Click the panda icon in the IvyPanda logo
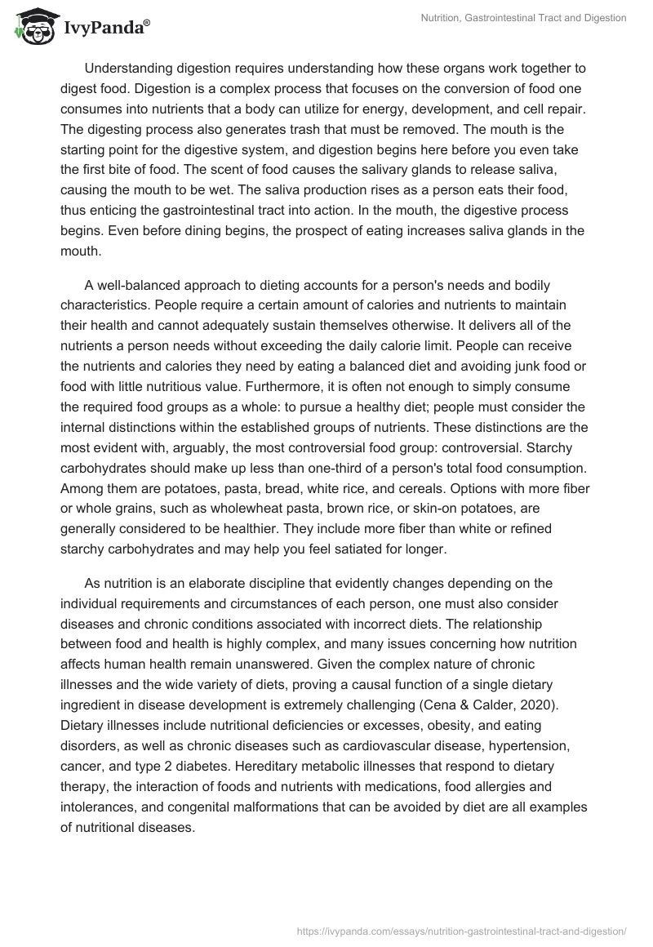tap(31, 26)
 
